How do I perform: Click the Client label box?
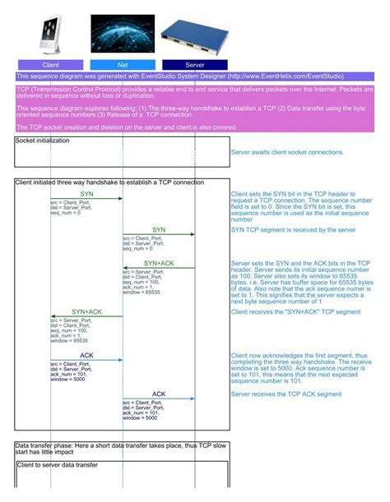pos(50,64)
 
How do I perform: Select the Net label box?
pos(123,64)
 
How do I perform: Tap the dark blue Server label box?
pos(195,64)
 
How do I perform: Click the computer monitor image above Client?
pos(51,35)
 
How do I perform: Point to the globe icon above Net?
pos(123,35)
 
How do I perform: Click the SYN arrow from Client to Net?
pos(86,198)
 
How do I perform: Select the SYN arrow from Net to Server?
pos(159,234)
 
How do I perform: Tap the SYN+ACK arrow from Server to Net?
pos(159,269)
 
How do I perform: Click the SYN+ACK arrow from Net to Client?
pos(86,316)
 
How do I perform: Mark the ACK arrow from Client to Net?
pos(86,360)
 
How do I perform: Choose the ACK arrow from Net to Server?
pos(159,398)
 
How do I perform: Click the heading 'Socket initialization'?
pos(43,140)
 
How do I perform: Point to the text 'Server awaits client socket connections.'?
pos(287,152)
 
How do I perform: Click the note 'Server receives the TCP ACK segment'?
pos(286,394)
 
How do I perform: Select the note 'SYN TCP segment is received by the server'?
pos(293,230)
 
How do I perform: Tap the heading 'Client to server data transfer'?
pos(57,465)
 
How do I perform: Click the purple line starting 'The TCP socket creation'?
pos(127,127)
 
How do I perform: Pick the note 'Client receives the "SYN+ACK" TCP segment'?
pos(295,312)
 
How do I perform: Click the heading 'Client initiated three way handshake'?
pos(109,182)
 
